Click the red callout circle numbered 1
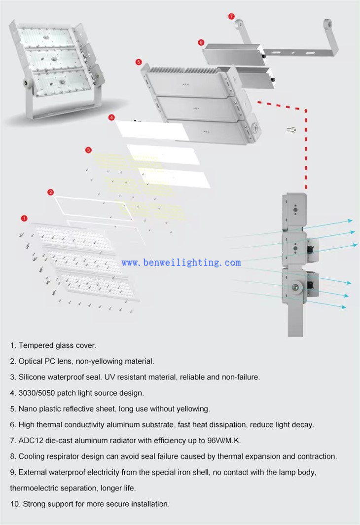pos(25,218)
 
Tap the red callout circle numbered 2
pos(50,192)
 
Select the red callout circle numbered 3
pos(88,150)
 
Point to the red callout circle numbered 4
pos(112,117)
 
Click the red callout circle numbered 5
pos(139,62)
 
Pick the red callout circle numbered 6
pos(201,42)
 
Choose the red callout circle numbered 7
pos(231,16)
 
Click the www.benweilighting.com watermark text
pos(181,262)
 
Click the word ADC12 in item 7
pos(30,440)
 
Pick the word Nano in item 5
pos(28,409)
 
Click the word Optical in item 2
pos(32,361)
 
